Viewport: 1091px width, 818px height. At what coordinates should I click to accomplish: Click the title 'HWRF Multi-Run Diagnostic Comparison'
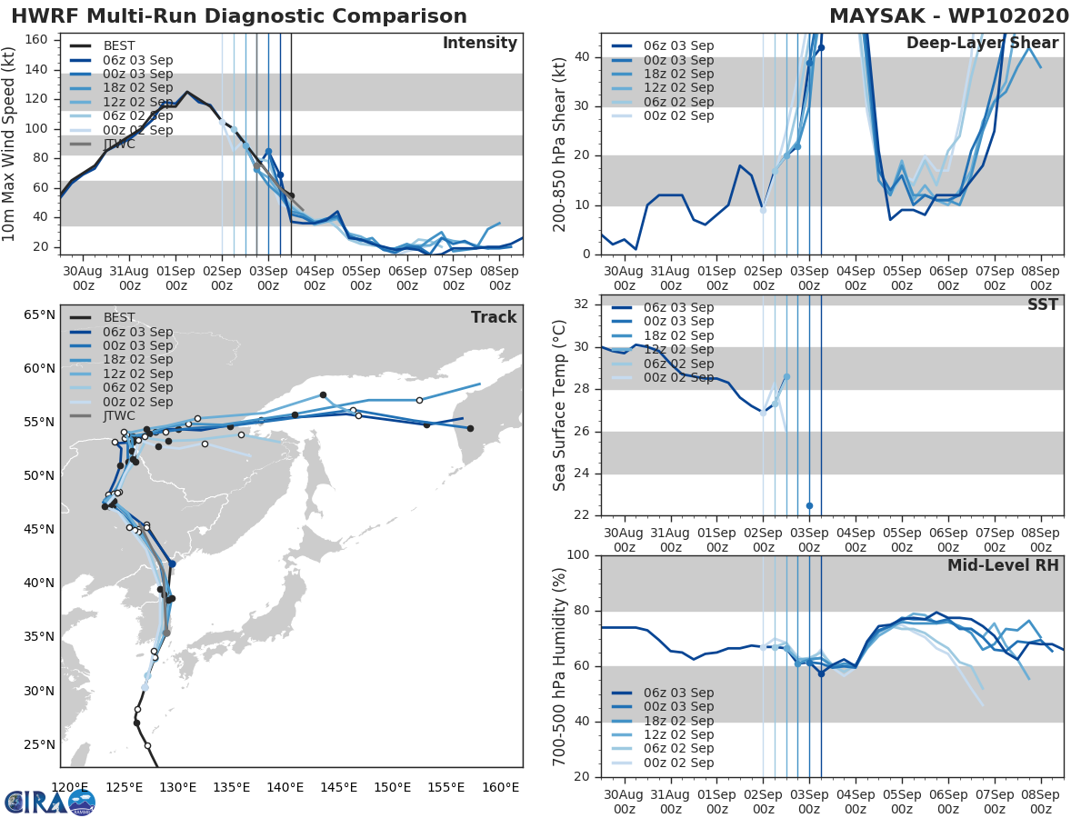coord(239,16)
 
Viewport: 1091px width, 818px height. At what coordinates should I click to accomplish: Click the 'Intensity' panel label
coord(479,44)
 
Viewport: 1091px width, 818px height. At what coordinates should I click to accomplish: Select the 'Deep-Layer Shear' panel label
coord(982,44)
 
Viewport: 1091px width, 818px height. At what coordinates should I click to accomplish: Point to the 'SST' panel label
coord(1043,304)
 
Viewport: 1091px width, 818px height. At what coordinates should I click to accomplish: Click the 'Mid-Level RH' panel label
coord(1003,565)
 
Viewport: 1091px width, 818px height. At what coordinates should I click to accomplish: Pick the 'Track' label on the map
coord(494,317)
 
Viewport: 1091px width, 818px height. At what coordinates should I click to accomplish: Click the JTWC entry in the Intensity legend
coord(119,144)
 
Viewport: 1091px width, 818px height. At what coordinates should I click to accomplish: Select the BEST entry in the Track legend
coord(119,317)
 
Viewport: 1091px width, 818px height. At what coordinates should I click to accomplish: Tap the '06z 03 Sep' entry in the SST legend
coord(677,307)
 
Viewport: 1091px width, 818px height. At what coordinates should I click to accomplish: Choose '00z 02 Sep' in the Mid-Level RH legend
coord(677,763)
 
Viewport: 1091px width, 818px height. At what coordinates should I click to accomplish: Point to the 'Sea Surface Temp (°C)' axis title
coord(560,405)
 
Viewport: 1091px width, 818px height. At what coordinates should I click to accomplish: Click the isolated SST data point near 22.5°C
coord(809,505)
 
